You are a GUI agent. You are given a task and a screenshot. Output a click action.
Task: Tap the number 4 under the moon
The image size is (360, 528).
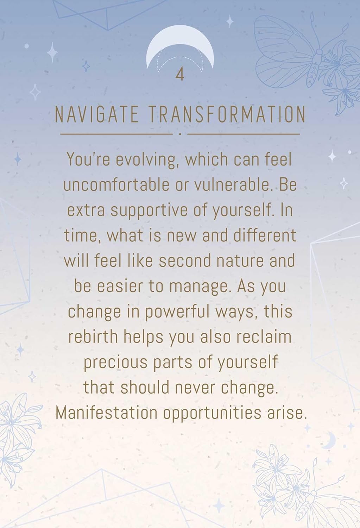180,74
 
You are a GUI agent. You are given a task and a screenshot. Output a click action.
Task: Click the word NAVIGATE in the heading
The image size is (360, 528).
96,114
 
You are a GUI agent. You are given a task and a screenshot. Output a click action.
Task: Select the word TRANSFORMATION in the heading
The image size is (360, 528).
227,114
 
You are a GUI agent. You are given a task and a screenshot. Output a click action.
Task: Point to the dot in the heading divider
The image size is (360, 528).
180,134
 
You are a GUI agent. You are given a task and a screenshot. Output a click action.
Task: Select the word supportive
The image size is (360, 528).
149,211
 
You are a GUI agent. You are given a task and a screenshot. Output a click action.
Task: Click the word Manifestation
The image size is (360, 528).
107,413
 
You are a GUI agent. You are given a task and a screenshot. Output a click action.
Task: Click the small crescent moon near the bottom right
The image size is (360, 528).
329,440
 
